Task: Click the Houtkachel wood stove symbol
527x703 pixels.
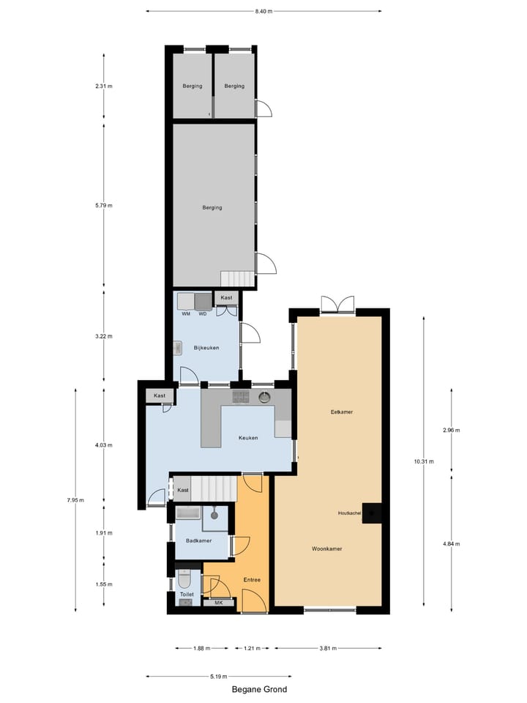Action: (374, 513)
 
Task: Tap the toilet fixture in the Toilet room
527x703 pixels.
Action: (185, 580)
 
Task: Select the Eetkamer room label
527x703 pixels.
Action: (341, 412)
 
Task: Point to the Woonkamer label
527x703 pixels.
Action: (327, 548)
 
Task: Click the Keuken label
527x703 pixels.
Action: (248, 438)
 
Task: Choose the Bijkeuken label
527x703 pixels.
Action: (206, 347)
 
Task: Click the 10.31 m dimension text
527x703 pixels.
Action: (424, 461)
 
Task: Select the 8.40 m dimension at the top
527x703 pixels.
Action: (263, 12)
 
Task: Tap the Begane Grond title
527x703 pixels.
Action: (259, 689)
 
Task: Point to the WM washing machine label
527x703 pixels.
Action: (186, 314)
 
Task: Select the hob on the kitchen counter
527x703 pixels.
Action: (241, 397)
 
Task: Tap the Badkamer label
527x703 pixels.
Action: (198, 541)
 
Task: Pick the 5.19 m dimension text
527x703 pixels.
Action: (218, 676)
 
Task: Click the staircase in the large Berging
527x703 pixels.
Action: (237, 279)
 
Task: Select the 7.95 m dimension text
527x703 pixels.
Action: (76, 501)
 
